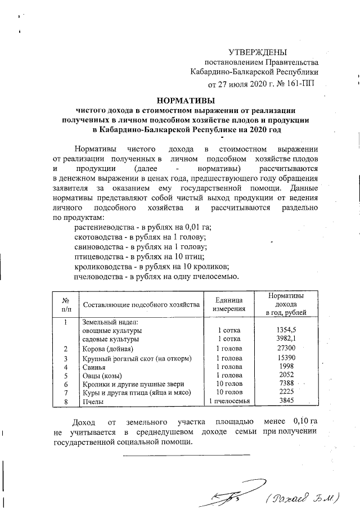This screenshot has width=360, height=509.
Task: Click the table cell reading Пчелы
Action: click(x=92, y=401)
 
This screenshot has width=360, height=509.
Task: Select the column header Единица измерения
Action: click(x=228, y=304)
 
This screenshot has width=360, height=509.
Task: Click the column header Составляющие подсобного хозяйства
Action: click(x=141, y=305)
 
